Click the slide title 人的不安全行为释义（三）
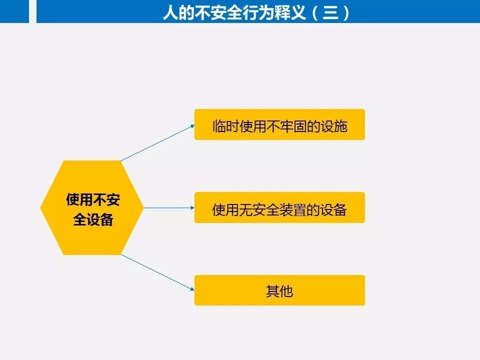[255, 12]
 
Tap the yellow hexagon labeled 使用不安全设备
[92, 207]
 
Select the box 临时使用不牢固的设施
[279, 124]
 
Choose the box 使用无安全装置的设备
[279, 207]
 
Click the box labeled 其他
[279, 290]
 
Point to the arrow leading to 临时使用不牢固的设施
[157, 142]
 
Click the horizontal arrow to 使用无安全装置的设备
[169, 208]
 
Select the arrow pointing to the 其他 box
[157, 272]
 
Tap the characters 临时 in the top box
[225, 126]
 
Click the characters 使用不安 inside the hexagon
[93, 199]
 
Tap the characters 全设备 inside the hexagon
[93, 219]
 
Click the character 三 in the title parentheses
[330, 12]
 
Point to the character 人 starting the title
[170, 12]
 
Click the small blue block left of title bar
[14, 11]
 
